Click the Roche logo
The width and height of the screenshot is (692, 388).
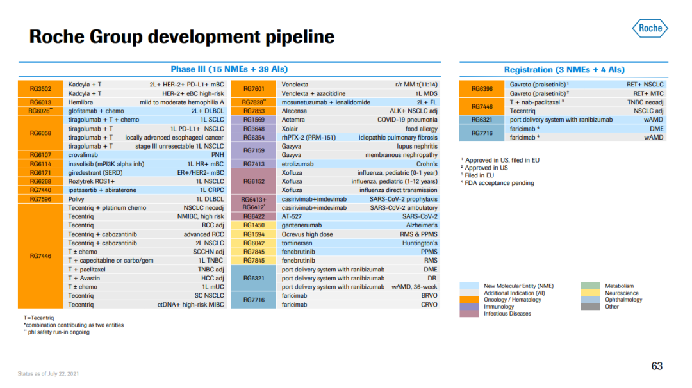[x=650, y=28]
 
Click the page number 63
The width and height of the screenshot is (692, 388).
[x=657, y=366]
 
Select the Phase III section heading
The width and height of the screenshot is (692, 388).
[x=229, y=69]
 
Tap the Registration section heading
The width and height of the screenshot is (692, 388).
[x=564, y=70]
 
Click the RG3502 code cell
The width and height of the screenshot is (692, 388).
[x=40, y=88]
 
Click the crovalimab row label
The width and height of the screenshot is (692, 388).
[x=83, y=155]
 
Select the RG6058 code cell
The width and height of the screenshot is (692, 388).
[x=40, y=133]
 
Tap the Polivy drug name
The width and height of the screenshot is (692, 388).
[x=76, y=199]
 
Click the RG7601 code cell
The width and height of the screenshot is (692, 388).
[x=254, y=88]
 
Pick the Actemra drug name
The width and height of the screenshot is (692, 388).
[x=293, y=120]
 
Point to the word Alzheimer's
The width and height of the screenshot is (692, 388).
[x=422, y=225]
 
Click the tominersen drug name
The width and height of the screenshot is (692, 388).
[x=297, y=243]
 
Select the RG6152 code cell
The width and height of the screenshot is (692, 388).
[x=254, y=181]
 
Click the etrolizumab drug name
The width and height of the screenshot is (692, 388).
[x=297, y=163]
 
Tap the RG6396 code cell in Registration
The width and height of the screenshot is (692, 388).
[x=481, y=88]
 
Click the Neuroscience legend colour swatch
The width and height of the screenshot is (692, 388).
[x=590, y=293]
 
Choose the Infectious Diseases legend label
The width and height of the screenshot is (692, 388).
[x=507, y=314]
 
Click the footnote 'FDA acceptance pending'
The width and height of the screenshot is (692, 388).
[x=499, y=183]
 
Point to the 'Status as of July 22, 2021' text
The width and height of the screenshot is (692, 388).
[x=48, y=374]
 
